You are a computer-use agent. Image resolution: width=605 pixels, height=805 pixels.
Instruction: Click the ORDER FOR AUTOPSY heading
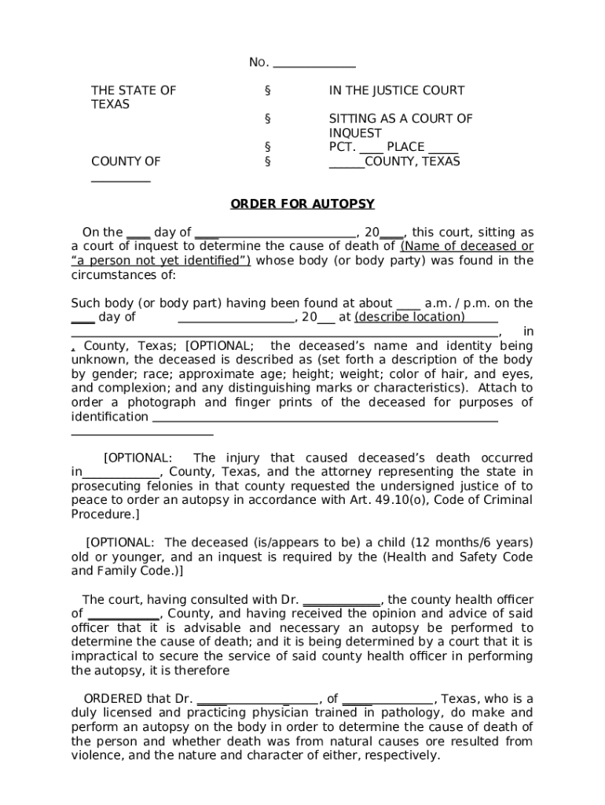(302, 204)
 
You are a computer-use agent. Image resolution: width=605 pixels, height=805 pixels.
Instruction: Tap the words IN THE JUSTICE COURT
(396, 90)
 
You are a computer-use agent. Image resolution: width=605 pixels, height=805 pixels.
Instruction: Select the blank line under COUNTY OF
(120, 179)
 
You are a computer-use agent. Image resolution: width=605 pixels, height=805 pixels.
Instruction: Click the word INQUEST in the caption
(355, 133)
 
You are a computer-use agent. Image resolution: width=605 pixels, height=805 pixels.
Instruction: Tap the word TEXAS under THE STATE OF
(110, 105)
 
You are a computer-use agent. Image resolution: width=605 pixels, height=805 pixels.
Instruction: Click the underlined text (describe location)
(409, 318)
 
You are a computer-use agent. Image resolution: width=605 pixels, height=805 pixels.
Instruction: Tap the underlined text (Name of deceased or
(467, 247)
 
